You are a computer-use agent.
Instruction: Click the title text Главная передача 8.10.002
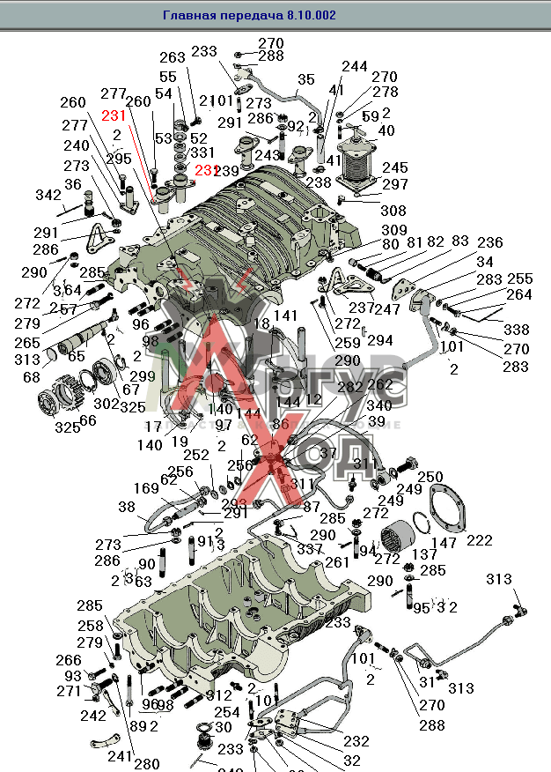(249, 15)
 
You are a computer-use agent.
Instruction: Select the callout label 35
(305, 80)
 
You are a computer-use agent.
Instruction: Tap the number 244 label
(355, 67)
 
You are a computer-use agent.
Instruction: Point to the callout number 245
(394, 167)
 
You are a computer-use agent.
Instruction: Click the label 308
(393, 211)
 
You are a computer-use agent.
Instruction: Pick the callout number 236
(489, 243)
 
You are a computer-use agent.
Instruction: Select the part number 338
(517, 330)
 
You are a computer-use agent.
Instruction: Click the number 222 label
(480, 540)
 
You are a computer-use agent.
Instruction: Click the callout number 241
(121, 755)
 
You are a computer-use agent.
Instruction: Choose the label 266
(68, 660)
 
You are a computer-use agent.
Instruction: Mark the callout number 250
(430, 477)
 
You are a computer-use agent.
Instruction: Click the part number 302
(106, 404)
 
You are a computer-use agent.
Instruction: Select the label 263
(173, 57)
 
